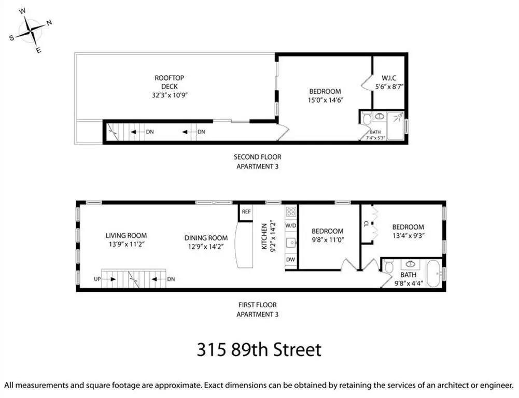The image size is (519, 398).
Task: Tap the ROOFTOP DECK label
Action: click(x=169, y=82)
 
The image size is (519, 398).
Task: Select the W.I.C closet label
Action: click(x=389, y=78)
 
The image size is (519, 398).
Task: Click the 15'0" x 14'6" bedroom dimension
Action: click(x=326, y=100)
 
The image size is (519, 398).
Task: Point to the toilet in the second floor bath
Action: click(x=367, y=119)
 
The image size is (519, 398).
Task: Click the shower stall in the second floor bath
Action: click(x=396, y=126)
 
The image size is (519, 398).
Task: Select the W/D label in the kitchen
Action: click(x=291, y=225)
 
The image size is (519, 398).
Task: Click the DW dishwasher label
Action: click(x=290, y=260)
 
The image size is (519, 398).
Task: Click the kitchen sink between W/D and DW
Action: click(x=291, y=243)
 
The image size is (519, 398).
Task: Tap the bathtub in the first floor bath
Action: click(x=434, y=274)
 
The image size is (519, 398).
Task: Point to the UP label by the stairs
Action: click(x=97, y=279)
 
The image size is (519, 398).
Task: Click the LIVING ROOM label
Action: click(x=126, y=236)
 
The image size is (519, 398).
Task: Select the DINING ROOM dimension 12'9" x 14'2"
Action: click(x=206, y=247)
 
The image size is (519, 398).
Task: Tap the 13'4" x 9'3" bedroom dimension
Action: click(x=408, y=236)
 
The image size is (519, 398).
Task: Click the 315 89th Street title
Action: click(x=259, y=350)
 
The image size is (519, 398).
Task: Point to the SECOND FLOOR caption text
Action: click(x=258, y=157)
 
